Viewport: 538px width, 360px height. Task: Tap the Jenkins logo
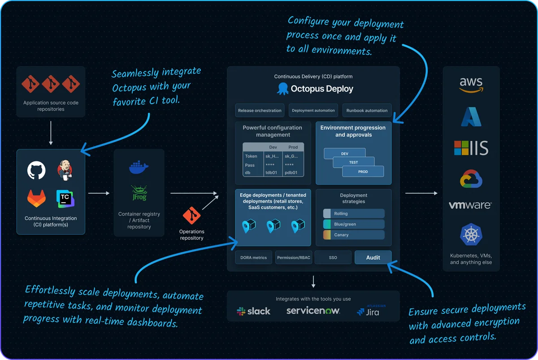(65, 171)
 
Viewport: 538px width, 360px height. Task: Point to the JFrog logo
(139, 193)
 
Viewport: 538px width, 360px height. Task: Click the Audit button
(373, 257)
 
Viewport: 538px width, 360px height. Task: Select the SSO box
(333, 257)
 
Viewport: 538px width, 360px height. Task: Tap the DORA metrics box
(253, 257)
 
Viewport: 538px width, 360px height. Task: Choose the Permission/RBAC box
(293, 257)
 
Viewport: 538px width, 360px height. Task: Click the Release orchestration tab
(260, 110)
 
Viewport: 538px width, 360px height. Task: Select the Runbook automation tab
(367, 110)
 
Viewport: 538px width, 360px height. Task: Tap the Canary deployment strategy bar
(354, 235)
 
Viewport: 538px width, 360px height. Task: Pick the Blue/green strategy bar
(354, 224)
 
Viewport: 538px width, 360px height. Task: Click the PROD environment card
(363, 171)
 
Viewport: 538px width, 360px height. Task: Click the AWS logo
(471, 85)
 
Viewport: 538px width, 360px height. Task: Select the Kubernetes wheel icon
(471, 235)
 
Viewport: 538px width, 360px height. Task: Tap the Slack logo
(254, 311)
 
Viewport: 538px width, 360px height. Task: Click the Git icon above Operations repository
(191, 216)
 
